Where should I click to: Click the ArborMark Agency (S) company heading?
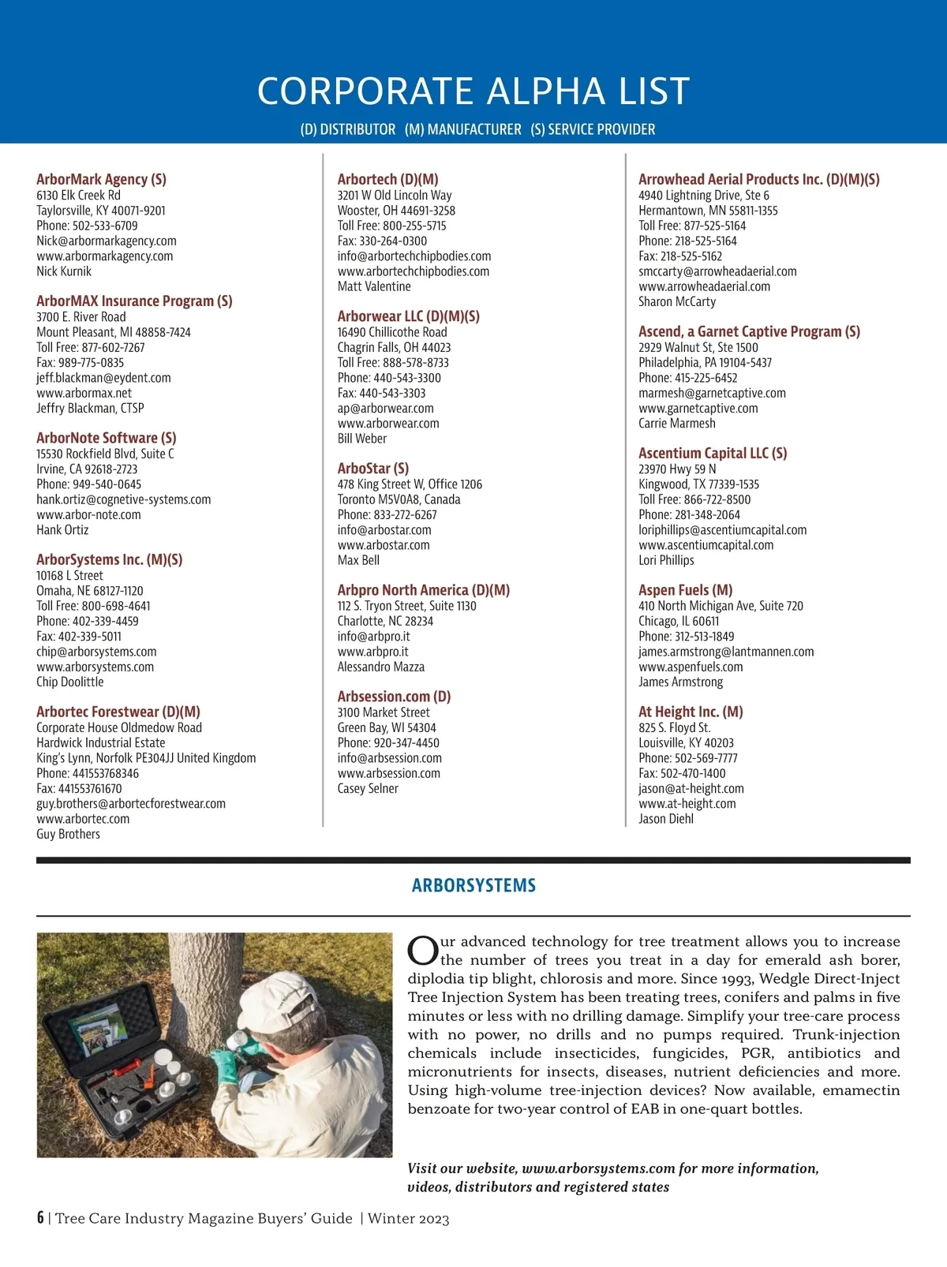[x=101, y=179]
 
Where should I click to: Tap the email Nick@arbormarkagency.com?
[x=107, y=241]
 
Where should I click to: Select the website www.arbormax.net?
[x=84, y=393]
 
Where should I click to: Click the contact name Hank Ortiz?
[x=62, y=530]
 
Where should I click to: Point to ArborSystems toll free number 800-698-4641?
[x=93, y=606]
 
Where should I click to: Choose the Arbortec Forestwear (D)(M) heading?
[x=118, y=712]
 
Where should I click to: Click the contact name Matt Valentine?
[x=374, y=286]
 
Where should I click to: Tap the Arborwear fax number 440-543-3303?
[x=381, y=393]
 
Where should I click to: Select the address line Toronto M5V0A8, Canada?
[x=399, y=499]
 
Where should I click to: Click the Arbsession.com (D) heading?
[x=394, y=697]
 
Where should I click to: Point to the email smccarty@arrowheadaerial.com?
[x=717, y=271]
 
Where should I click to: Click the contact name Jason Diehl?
[x=666, y=819]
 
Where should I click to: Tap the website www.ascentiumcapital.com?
[x=706, y=545]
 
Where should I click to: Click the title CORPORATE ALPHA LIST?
[x=473, y=92]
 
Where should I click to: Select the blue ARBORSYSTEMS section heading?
[x=473, y=885]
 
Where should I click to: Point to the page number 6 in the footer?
[x=40, y=1217]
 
